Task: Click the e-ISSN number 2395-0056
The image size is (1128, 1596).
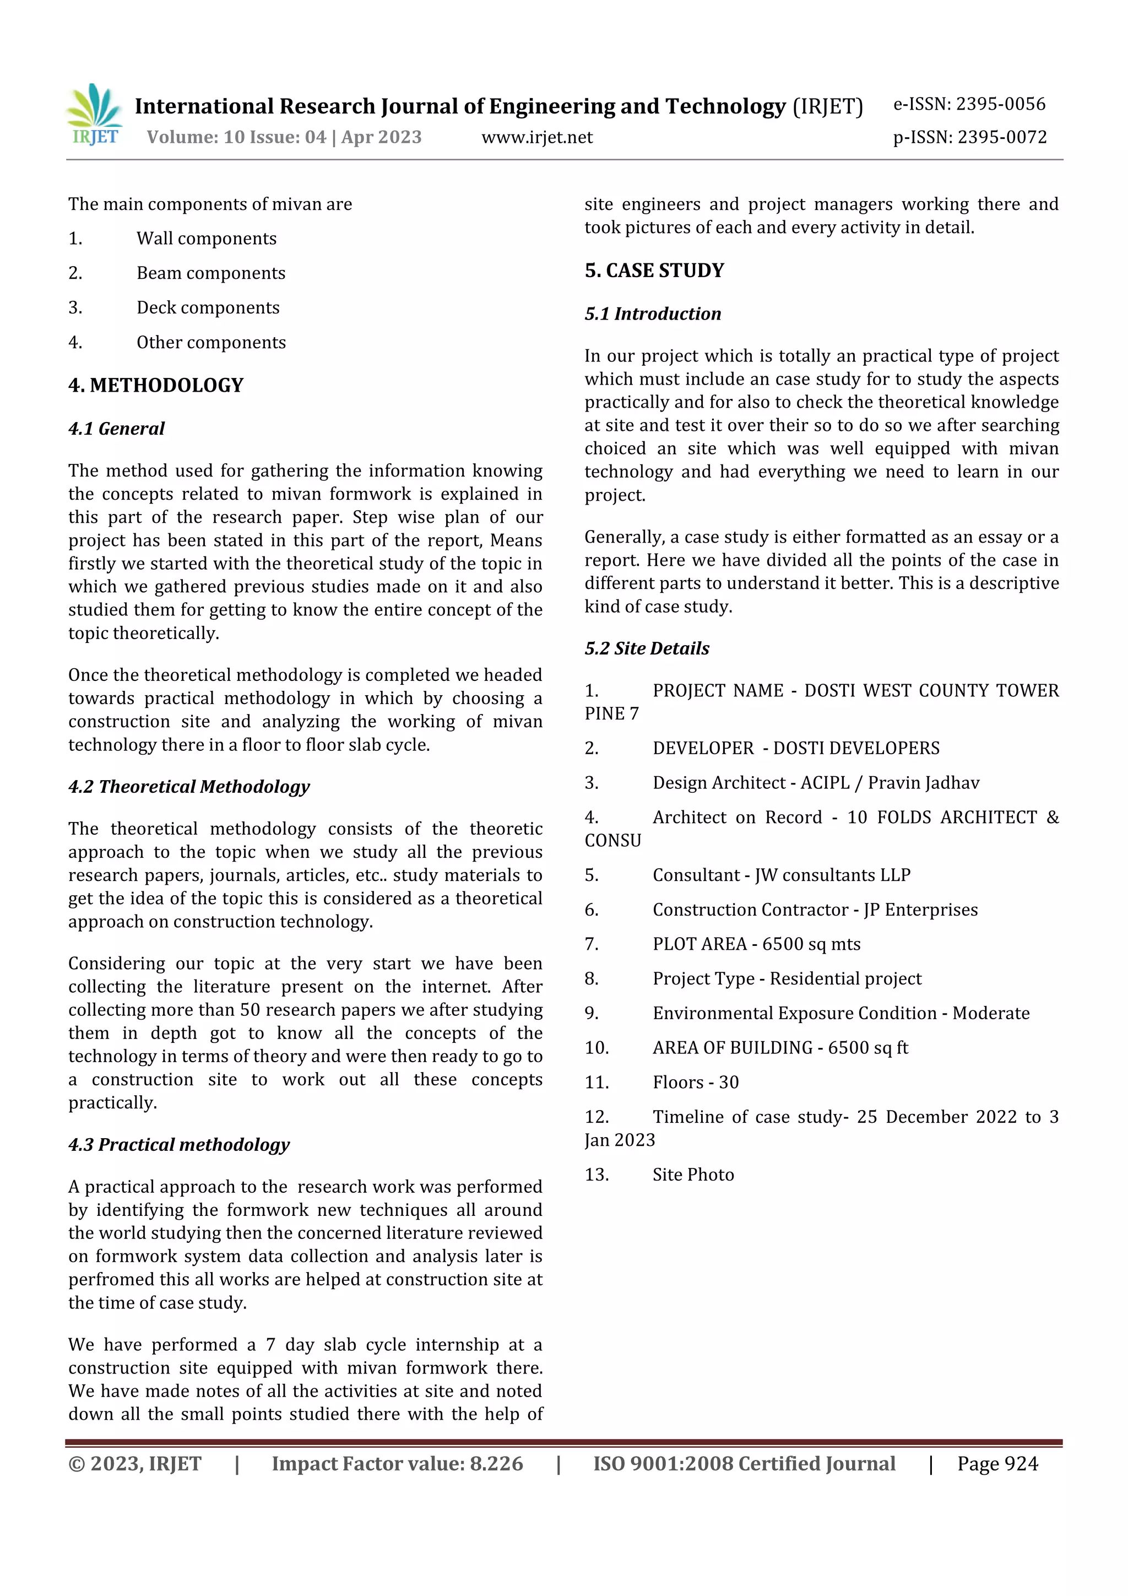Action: (x=1000, y=104)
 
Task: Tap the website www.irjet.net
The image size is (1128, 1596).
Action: (x=536, y=138)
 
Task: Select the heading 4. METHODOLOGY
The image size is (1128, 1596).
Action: (x=156, y=385)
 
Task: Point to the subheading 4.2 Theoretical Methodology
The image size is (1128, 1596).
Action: (x=189, y=786)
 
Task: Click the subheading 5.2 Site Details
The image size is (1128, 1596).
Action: (x=647, y=648)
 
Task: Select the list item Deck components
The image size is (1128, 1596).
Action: (x=208, y=307)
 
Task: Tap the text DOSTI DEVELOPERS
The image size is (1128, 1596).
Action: (x=856, y=748)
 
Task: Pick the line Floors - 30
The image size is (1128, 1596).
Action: (x=695, y=1083)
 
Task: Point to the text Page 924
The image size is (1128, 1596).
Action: (x=997, y=1464)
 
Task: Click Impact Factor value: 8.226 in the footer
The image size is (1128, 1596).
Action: (x=397, y=1464)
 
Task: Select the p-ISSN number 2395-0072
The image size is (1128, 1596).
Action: (x=1001, y=138)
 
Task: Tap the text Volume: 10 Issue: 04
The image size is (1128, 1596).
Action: (x=236, y=138)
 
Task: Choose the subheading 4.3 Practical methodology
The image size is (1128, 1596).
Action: (x=178, y=1144)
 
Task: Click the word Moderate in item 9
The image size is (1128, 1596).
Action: (x=990, y=1014)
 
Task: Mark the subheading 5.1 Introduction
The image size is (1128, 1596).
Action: (x=653, y=314)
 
